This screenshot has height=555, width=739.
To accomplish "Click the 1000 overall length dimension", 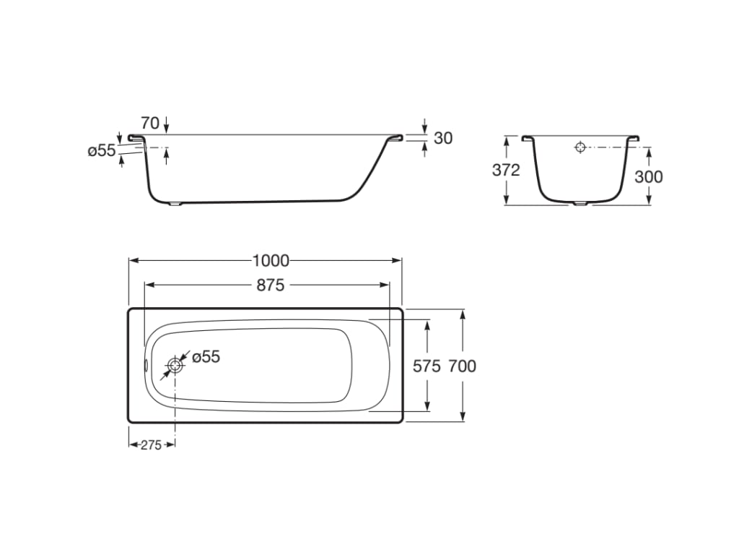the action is tap(271, 260).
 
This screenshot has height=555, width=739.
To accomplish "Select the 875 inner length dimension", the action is tap(271, 285).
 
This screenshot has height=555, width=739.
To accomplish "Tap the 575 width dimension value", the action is tap(427, 366).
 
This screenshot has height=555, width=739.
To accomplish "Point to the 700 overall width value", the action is tap(463, 366).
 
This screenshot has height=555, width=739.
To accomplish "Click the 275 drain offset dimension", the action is tap(151, 445).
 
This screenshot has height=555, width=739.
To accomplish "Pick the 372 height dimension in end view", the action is tap(506, 170).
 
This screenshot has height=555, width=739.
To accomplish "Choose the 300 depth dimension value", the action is tap(649, 176).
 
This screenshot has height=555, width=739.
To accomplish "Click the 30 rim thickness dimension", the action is tap(443, 138).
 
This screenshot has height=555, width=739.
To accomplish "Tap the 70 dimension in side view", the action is tap(150, 123).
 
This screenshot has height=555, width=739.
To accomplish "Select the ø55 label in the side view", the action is tap(102, 150).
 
